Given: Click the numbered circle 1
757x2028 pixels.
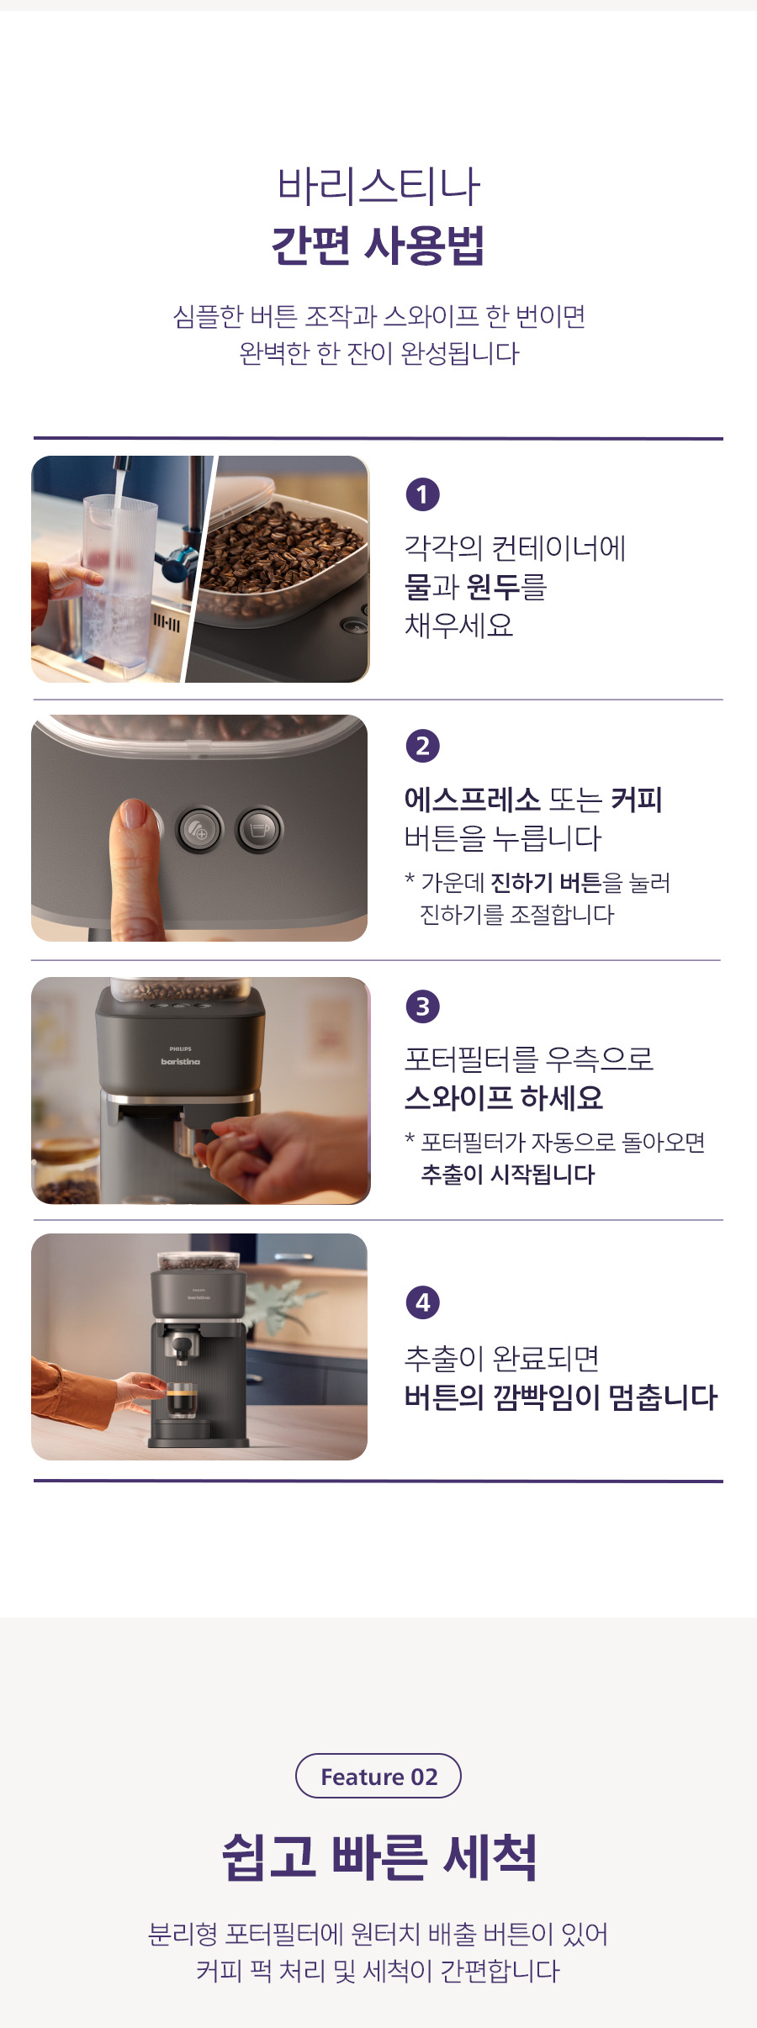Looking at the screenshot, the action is pyautogui.click(x=422, y=494).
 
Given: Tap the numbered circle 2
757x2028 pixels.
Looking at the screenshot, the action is pyautogui.click(x=422, y=746).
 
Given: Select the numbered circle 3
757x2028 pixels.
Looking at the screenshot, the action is pyautogui.click(x=422, y=1006).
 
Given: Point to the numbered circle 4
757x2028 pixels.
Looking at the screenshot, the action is pyautogui.click(x=422, y=1302).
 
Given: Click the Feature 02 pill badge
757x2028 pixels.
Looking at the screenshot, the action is pyautogui.click(x=378, y=1776).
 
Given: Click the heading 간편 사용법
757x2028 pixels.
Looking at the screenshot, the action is pyautogui.click(x=378, y=246).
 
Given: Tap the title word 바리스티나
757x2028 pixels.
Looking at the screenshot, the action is pyautogui.click(x=378, y=186).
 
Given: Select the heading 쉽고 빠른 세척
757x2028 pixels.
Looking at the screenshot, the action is pyautogui.click(x=379, y=1856).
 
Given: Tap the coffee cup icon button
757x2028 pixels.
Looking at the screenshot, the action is pyautogui.click(x=259, y=830).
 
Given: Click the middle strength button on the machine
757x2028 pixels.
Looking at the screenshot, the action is pyautogui.click(x=199, y=830).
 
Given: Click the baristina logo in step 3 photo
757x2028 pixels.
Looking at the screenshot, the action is pyautogui.click(x=181, y=1062).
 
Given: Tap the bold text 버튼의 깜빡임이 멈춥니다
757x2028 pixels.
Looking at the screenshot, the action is pyautogui.click(x=561, y=1397).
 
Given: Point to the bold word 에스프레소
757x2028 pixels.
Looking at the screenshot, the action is pyautogui.click(x=472, y=799).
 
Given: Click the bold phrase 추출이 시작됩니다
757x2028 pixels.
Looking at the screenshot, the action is pyautogui.click(x=508, y=1175).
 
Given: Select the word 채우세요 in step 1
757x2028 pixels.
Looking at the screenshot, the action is pyautogui.click(x=459, y=625).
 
